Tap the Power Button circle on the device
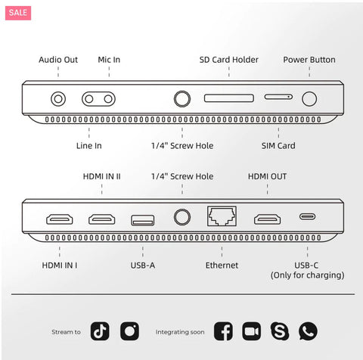[309, 98]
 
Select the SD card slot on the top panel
[228, 98]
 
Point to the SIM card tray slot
[278, 98]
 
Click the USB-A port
[141, 219]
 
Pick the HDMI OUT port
[267, 219]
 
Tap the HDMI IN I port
[59, 219]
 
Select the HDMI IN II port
[102, 219]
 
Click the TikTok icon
[100, 331]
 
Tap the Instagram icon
[129, 331]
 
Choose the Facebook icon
[223, 331]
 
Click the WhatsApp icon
[308, 331]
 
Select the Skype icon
[279, 331]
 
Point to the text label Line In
[88, 145]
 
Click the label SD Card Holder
[228, 60]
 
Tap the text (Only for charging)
[307, 276]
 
